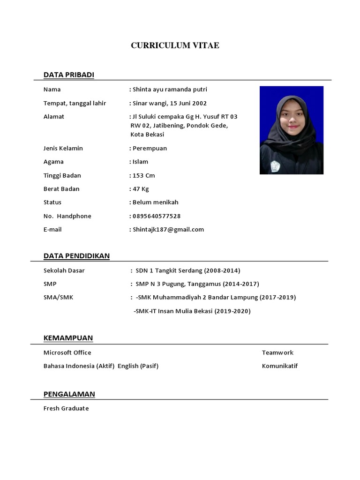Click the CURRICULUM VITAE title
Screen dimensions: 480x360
click(x=175, y=45)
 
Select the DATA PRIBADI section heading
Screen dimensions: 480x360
click(x=69, y=75)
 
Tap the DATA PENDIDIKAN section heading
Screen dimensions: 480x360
click(x=76, y=255)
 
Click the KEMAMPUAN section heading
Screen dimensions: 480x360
click(x=68, y=338)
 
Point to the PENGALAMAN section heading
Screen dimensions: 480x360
click(x=69, y=394)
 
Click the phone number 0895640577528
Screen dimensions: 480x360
click(x=157, y=216)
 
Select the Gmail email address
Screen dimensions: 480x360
click(x=168, y=230)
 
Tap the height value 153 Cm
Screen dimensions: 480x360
click(x=144, y=176)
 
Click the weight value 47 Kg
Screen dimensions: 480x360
click(x=141, y=189)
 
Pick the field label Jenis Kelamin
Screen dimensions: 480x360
click(x=63, y=149)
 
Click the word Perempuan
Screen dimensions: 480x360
click(x=150, y=149)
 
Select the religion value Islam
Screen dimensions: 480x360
click(x=140, y=162)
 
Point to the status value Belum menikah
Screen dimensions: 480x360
click(x=156, y=202)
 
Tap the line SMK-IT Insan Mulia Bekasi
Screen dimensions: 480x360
click(x=192, y=311)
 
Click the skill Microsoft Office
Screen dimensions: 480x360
click(x=67, y=352)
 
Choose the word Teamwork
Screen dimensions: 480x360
click(x=277, y=352)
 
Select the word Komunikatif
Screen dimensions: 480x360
click(x=280, y=366)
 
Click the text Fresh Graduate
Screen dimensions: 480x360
click(x=66, y=408)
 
